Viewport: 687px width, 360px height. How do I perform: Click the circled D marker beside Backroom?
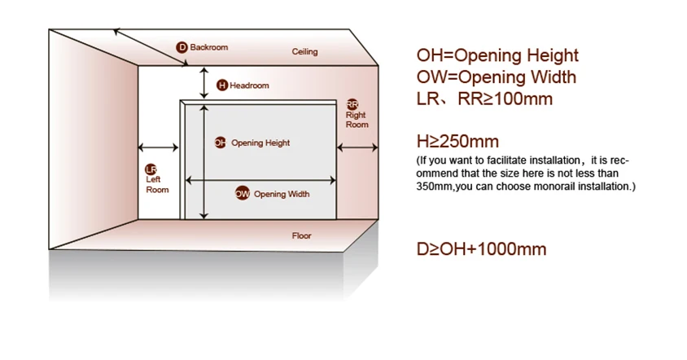182,47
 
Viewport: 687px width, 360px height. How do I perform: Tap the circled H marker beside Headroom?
221,86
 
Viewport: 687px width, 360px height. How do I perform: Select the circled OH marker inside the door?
220,143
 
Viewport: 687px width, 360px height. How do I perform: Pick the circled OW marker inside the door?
243,194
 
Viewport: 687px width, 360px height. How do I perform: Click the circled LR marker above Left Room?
151,169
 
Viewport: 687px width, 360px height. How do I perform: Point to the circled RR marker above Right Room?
352,104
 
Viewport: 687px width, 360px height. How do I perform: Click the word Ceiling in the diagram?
304,52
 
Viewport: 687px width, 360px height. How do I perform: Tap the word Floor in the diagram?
301,236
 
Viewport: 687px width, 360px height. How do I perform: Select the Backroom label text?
209,47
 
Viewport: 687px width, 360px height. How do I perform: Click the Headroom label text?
249,86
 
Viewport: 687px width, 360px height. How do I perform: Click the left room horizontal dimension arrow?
159,148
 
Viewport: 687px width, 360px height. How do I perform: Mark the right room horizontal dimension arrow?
358,147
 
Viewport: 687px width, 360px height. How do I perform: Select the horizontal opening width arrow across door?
260,180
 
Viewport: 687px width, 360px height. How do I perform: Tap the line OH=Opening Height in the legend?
497,55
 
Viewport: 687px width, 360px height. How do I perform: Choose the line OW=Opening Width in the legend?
496,77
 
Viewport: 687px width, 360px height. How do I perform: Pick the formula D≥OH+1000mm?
481,249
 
